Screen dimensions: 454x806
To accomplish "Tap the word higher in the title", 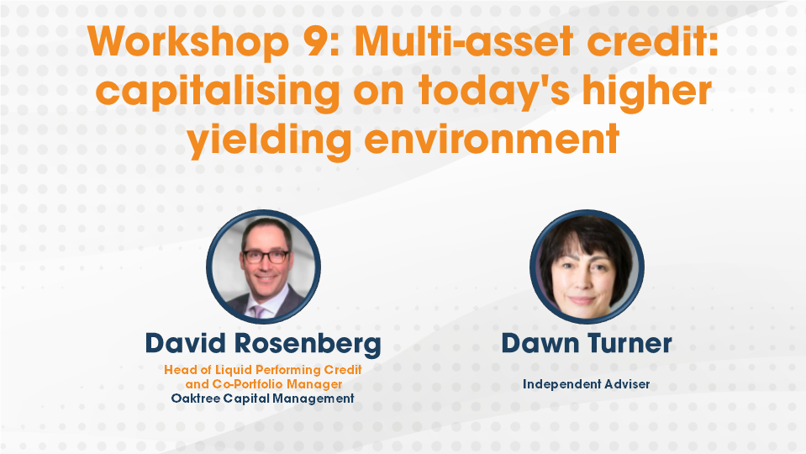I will tap(647, 91).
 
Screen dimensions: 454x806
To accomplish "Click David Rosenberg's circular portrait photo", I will tap(264, 267).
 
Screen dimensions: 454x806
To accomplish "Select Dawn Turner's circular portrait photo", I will tap(587, 267).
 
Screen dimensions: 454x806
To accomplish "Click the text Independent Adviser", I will tap(586, 384).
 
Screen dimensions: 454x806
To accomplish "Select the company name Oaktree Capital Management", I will tap(263, 398).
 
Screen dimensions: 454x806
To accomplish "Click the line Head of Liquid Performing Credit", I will tap(263, 370).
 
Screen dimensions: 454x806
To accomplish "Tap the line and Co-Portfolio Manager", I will tap(263, 384).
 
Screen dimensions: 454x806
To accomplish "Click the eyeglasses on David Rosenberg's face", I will tap(266, 256).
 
